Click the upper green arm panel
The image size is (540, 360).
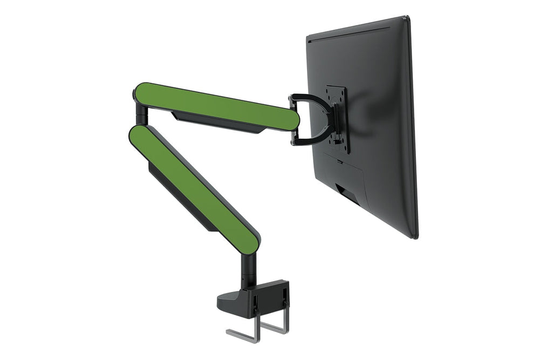click(x=216, y=106)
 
